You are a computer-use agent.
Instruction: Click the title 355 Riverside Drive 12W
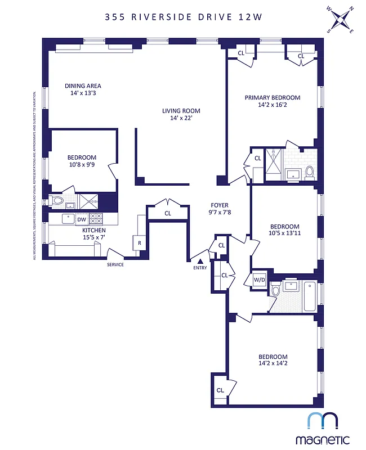pos(182,17)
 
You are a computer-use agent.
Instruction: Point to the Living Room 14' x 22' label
pos(177,114)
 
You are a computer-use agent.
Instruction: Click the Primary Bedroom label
pos(272,101)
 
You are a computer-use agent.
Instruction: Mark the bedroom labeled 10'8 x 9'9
pos(82,161)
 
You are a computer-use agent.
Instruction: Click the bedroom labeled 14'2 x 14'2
pos(273,361)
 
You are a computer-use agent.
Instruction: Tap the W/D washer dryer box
pos(260,279)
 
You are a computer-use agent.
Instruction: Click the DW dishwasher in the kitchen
pos(82,219)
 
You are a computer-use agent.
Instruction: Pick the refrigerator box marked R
pos(139,242)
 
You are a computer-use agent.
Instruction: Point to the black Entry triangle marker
pos(200,260)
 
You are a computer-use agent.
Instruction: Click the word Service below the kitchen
pos(115,265)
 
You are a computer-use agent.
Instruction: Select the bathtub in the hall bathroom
pos(310,296)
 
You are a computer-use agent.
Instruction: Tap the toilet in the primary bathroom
pos(309,172)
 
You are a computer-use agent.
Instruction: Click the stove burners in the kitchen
pos(96,219)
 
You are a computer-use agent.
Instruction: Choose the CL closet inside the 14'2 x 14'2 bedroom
pos(220,390)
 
